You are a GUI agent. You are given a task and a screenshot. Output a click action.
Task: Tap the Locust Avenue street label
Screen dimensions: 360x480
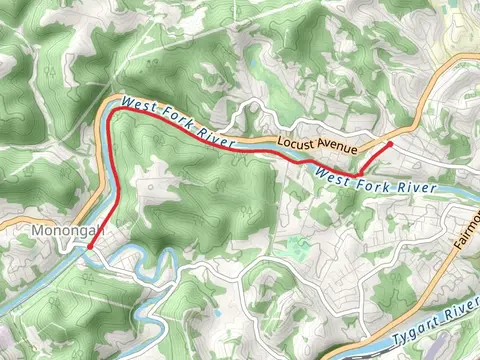point(317,144)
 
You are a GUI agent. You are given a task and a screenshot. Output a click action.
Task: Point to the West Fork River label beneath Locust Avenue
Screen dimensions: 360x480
point(376,181)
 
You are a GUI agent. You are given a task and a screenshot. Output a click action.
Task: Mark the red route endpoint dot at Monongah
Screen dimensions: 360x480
point(90,246)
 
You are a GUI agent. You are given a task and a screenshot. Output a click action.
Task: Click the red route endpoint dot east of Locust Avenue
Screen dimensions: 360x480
point(389,144)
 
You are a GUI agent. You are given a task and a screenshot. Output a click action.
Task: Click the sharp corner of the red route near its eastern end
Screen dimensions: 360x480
point(358,176)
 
